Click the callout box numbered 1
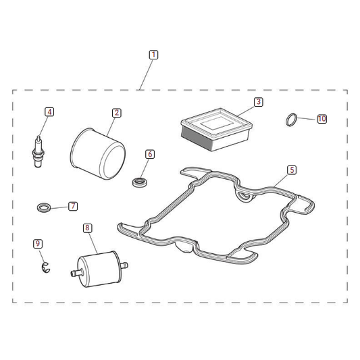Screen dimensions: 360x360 pyautogui.click(x=153, y=55)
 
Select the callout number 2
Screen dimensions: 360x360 pyautogui.click(x=117, y=113)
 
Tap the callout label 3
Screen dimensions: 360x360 pyautogui.click(x=259, y=102)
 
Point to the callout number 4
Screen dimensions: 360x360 pyautogui.click(x=49, y=112)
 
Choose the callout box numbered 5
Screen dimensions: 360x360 pyautogui.click(x=292, y=170)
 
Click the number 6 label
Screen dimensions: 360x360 pyautogui.click(x=150, y=154)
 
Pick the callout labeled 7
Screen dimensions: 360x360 pyautogui.click(x=73, y=206)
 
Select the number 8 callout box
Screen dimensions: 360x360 pyautogui.click(x=87, y=228)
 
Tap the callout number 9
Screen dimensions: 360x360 pyautogui.click(x=38, y=244)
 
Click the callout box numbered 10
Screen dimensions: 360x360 pyautogui.click(x=322, y=119)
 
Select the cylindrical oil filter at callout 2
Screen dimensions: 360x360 pyautogui.click(x=97, y=154)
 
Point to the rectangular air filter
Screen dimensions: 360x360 pyautogui.click(x=216, y=129)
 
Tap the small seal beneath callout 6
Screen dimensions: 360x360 pyautogui.click(x=140, y=182)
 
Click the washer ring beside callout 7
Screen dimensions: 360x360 pyautogui.click(x=44, y=207)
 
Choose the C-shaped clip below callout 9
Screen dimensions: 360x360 pyautogui.click(x=46, y=267)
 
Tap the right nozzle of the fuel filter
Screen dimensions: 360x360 pyautogui.click(x=124, y=265)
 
